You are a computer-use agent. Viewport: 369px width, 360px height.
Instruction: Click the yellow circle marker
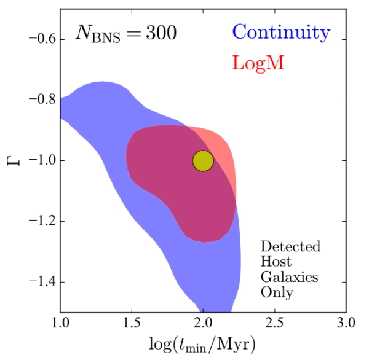(203, 161)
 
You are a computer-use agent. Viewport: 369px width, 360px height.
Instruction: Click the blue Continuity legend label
(282, 33)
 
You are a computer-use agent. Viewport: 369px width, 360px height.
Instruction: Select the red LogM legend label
(257, 63)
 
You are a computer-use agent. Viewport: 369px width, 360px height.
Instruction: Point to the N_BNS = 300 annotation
(126, 33)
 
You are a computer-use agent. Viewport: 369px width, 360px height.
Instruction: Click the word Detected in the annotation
(290, 247)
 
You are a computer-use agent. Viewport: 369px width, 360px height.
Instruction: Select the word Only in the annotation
(277, 292)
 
